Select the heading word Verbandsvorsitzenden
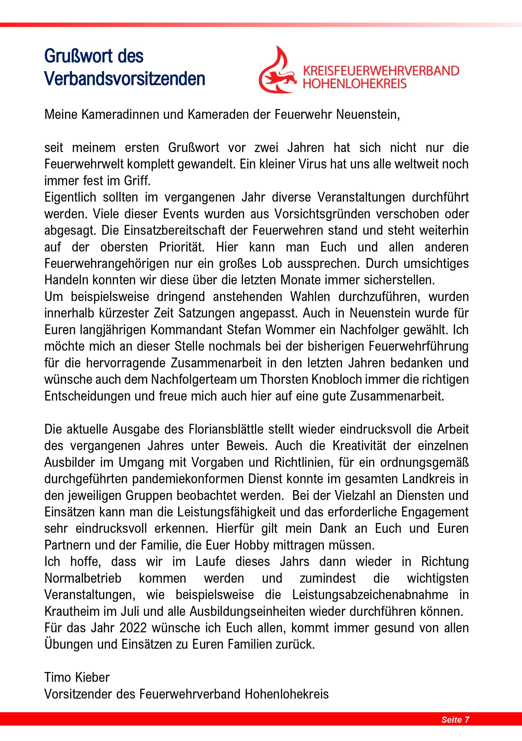pos(125,79)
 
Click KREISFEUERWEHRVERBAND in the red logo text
pos(381,70)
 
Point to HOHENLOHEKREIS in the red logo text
pos(354,84)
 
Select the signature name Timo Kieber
pos(77,677)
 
